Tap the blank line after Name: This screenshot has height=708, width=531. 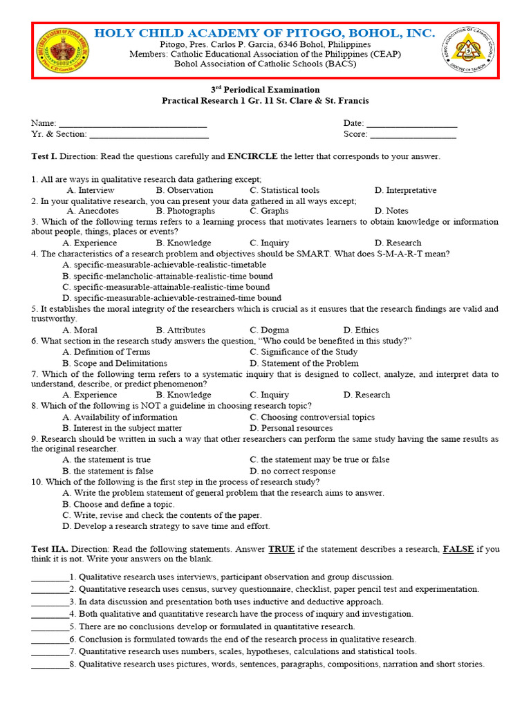[133, 124]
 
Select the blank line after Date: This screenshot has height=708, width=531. [411, 124]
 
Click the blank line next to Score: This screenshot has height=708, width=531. [413, 135]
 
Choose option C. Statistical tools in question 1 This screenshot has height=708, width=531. [284, 190]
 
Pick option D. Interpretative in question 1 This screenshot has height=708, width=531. [405, 190]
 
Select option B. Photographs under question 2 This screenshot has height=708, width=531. [185, 211]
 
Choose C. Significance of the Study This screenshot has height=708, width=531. [304, 352]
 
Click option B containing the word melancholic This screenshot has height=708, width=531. [167, 276]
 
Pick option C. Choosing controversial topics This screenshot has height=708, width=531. [312, 417]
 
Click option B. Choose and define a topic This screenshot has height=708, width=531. [118, 504]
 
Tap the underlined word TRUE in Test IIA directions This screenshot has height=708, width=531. [281, 549]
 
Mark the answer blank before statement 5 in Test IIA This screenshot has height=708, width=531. [50, 626]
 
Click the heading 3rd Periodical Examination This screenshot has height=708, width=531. [265, 90]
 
